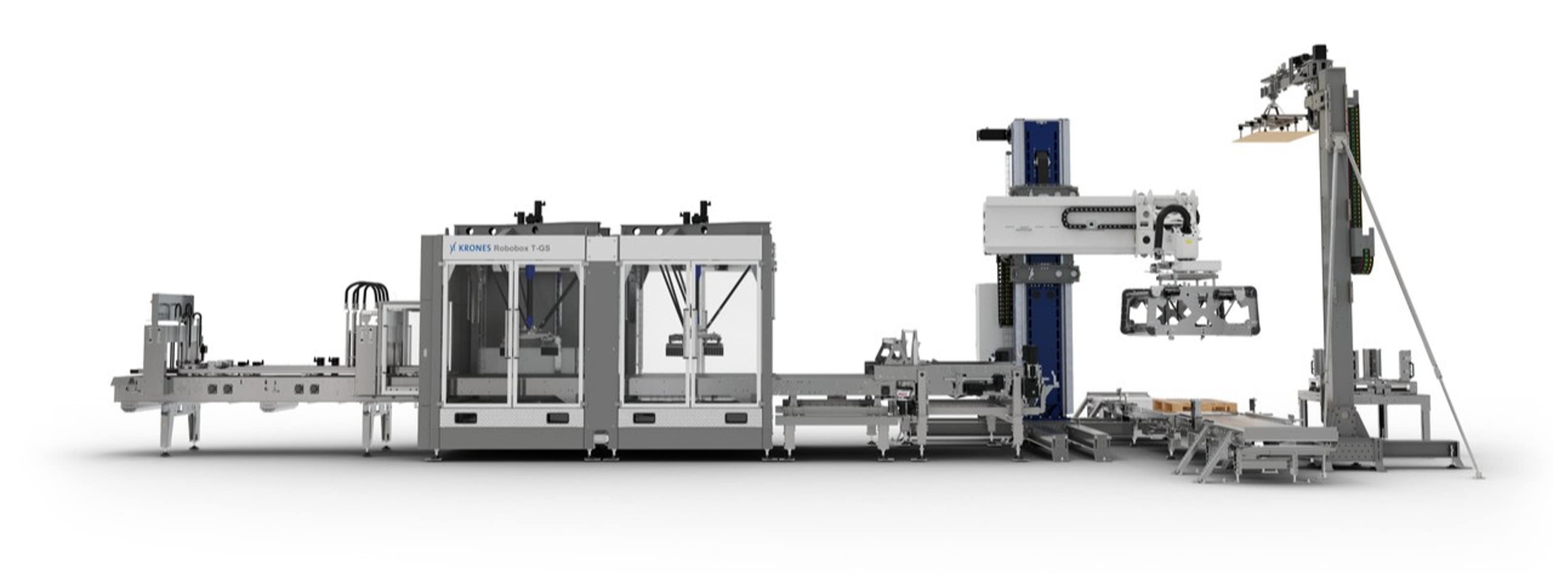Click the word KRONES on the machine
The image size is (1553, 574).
(x=475, y=248)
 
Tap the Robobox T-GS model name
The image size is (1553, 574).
(x=522, y=248)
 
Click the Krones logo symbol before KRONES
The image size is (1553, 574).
(x=454, y=248)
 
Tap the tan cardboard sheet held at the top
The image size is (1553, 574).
(x=1272, y=137)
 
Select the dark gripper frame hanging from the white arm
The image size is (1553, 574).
(x=1189, y=311)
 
